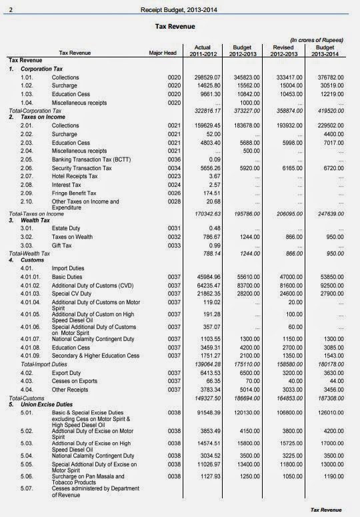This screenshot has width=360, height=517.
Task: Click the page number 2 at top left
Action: click(9, 9)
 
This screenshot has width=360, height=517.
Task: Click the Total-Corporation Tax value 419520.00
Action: click(327, 110)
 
